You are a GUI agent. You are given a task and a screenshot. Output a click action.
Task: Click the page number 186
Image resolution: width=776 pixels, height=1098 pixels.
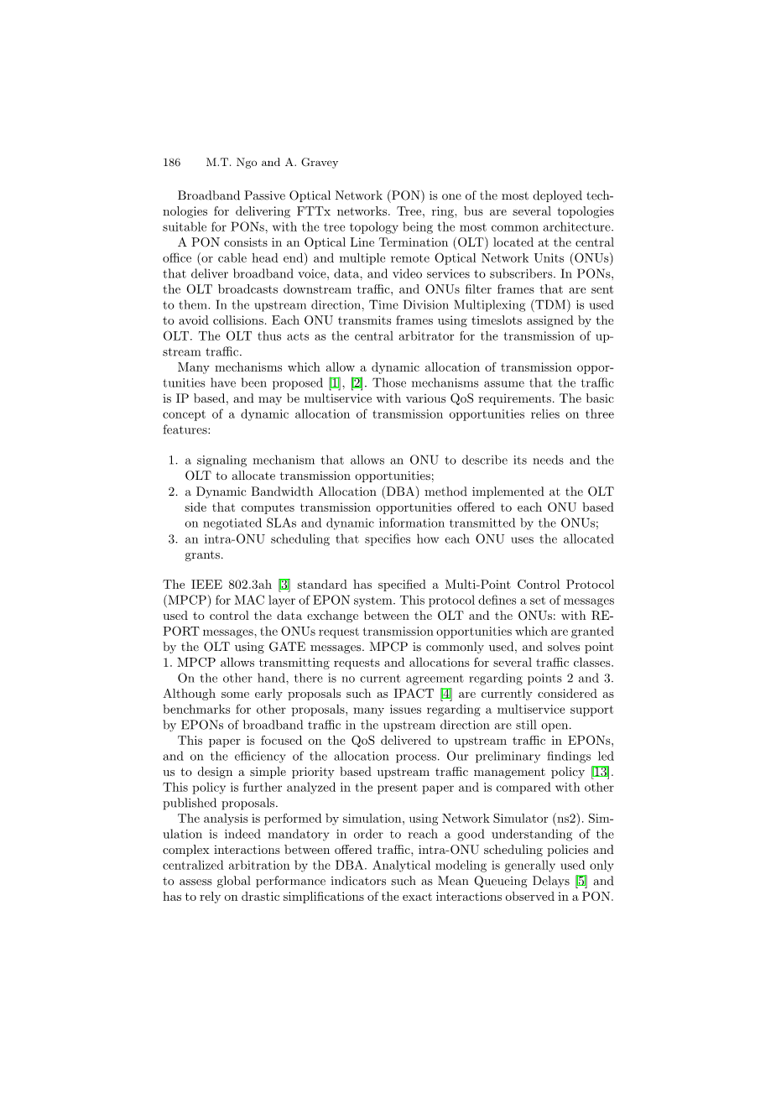(171, 163)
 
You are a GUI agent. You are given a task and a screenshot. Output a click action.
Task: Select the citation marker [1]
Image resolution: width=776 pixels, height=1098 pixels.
(334, 383)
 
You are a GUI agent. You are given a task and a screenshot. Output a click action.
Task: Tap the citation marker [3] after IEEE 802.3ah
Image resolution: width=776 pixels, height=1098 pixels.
(284, 585)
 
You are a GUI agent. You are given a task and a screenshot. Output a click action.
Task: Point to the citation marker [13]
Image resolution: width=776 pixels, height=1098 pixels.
(600, 772)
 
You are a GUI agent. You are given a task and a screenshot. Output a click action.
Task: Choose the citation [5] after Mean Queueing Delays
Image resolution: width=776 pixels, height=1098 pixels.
(581, 881)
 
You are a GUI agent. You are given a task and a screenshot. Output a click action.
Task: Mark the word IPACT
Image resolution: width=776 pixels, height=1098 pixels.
(414, 694)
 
